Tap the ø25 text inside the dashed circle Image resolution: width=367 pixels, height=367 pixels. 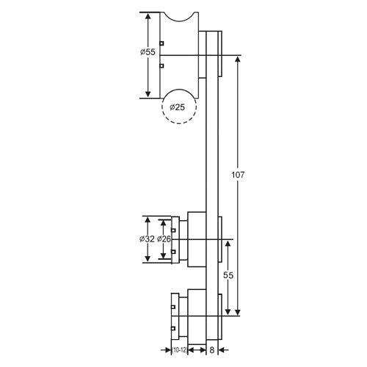pos(178,108)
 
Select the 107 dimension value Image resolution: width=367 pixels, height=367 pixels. pos(236,175)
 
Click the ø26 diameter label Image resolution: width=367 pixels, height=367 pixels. pos(164,239)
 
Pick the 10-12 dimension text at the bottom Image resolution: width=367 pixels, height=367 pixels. pos(179,351)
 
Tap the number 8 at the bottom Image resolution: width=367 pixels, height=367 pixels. pos(211,351)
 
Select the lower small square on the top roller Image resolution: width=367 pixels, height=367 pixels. pos(161,66)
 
